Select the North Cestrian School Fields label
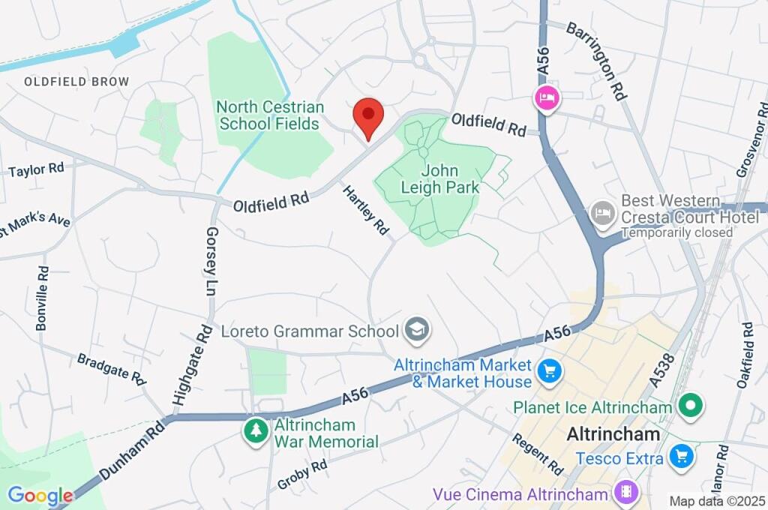269,115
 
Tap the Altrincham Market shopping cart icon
549,370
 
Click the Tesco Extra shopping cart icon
681,455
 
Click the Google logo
40,495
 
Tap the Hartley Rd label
367,209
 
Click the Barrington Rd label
596,61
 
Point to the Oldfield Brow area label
76,82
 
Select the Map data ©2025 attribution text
717,501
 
